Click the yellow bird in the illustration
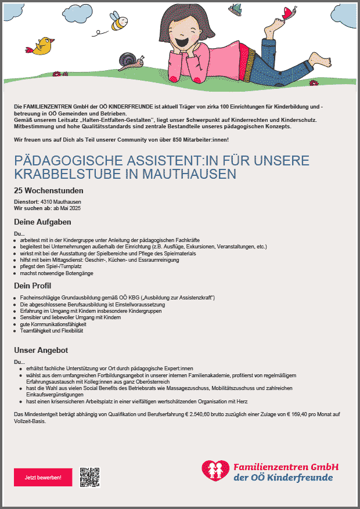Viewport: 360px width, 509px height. tap(43, 46)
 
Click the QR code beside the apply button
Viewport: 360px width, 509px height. tap(89, 476)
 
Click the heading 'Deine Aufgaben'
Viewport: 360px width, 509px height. tap(42, 222)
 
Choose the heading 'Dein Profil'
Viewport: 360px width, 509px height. tap(33, 286)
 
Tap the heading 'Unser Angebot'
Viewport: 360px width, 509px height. tap(41, 350)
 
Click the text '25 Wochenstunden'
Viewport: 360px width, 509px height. tap(49, 190)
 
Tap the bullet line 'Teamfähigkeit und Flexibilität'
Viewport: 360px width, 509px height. tap(52, 331)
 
